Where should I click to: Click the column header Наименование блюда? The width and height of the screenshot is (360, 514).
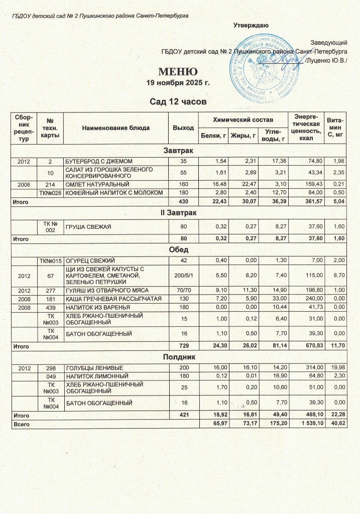[x=115, y=128]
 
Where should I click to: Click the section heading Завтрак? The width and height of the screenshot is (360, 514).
[x=180, y=151]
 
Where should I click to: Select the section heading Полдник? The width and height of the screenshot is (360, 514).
[x=180, y=357]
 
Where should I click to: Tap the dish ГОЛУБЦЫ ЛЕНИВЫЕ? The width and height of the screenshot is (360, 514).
[x=91, y=368]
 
